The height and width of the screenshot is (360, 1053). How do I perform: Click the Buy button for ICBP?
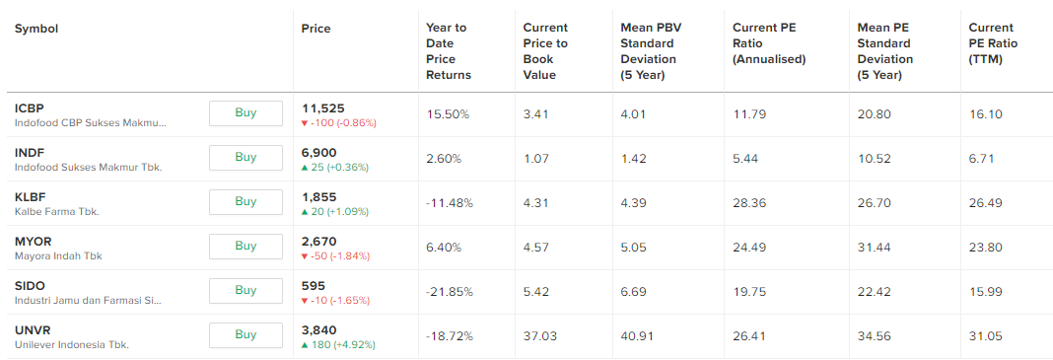246,113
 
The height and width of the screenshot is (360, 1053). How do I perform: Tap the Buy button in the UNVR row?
246,335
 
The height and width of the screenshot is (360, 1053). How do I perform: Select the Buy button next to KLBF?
246,202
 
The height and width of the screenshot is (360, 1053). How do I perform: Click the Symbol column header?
36,29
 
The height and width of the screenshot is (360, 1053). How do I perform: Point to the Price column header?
316,29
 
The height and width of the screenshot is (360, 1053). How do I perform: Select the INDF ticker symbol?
29,153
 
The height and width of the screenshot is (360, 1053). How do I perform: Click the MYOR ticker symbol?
33,242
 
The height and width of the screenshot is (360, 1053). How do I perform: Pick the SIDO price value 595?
314,286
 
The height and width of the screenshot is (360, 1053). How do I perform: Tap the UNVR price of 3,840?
319,330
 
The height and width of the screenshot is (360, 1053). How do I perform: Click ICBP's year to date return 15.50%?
448,114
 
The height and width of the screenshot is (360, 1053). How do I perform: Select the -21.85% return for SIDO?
450,292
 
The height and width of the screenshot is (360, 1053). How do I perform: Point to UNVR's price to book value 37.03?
539,336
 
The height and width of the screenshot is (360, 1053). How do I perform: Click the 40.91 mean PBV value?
636,336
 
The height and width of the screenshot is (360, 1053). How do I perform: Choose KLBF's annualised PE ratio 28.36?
749,203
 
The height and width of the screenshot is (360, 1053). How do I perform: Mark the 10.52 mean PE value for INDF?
874,159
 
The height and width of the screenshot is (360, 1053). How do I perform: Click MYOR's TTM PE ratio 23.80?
985,248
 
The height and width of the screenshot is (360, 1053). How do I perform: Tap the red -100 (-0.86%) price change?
339,123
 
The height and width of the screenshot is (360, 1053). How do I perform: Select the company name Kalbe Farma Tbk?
57,212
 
